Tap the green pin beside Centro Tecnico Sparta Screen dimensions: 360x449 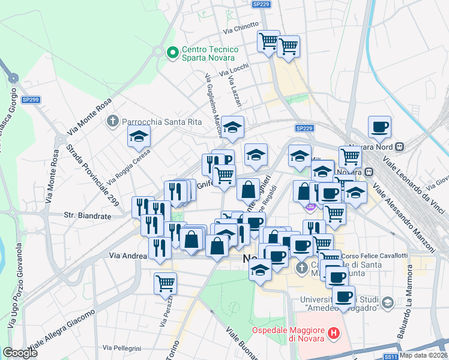(x=173, y=53)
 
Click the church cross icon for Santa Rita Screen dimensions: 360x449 (x=112, y=122)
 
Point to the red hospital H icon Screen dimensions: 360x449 (x=334, y=332)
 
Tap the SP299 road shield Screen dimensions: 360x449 (x=31, y=100)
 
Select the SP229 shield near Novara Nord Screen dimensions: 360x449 (x=305, y=128)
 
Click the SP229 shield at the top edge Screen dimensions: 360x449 (x=261, y=4)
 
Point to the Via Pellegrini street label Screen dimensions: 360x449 (x=121, y=348)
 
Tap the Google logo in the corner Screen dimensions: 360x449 (x=20, y=353)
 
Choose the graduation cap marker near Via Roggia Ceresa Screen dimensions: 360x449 (x=139, y=137)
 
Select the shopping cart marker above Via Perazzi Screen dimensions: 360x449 (x=165, y=283)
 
